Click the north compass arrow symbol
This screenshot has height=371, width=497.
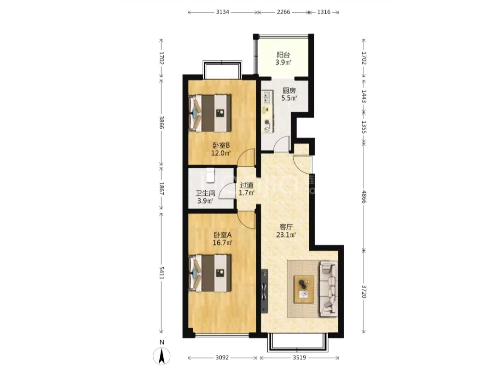point(162,356)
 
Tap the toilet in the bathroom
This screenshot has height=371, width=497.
point(210,175)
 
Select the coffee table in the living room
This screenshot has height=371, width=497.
point(304,289)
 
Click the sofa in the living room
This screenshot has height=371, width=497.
point(329,289)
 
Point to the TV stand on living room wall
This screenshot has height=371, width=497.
point(264,291)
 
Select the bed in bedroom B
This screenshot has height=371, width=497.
point(210,113)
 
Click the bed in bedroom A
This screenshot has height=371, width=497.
point(210,273)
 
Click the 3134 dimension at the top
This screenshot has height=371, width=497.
point(223,12)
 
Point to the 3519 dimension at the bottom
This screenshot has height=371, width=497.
point(299,358)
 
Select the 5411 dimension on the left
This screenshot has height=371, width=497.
point(162,273)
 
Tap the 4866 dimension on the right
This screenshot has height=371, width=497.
point(364,197)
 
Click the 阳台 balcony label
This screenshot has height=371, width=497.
point(283,55)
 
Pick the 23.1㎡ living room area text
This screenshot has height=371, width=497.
point(286,235)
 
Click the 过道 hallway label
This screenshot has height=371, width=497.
point(247,186)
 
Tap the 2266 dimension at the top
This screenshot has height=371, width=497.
point(283,12)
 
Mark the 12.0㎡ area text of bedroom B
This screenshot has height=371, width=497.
point(221,153)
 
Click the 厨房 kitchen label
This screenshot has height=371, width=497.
point(289,91)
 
